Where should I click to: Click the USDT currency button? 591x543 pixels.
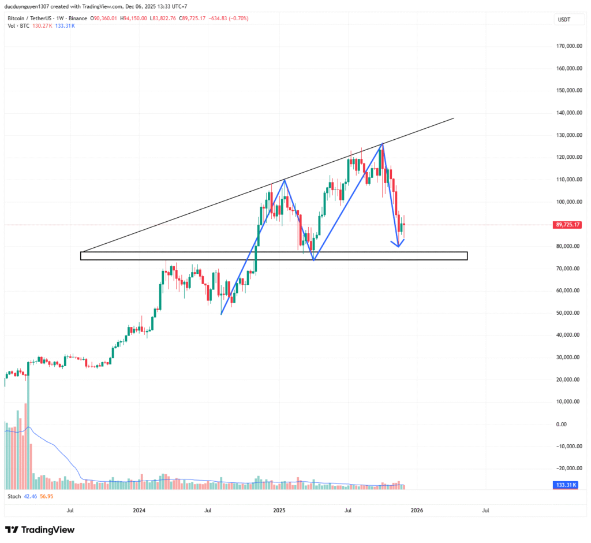point(563,20)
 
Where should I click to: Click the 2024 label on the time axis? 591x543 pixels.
point(139,511)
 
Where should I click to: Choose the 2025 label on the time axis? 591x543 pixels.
point(279,511)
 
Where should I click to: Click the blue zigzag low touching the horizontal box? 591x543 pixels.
point(313,260)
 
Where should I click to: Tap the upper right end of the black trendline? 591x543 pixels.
point(454,118)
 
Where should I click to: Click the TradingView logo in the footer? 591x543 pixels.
point(40,530)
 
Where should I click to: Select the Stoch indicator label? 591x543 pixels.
point(14,496)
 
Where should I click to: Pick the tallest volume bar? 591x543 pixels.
point(27,445)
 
